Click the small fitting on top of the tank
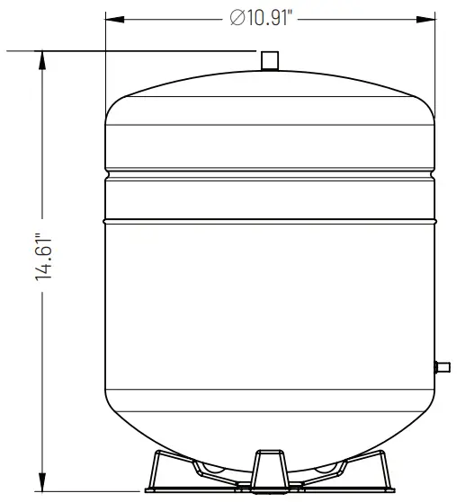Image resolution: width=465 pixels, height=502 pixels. pyautogui.click(x=268, y=60)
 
